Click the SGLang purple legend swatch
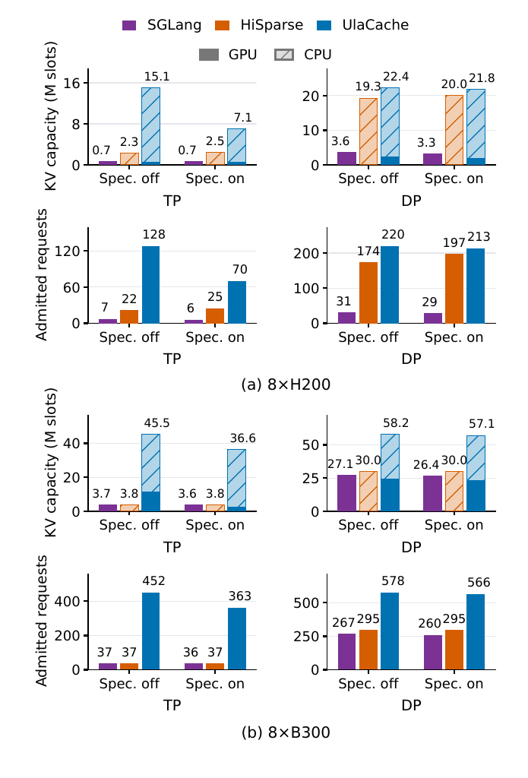click(x=129, y=25)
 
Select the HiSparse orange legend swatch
click(x=223, y=25)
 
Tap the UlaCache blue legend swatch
click(x=324, y=25)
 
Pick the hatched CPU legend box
click(x=284, y=55)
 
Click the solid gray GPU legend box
click(x=209, y=55)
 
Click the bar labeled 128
click(x=151, y=285)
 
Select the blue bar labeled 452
click(x=151, y=631)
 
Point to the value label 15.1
click(x=157, y=77)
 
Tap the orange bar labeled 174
click(x=368, y=293)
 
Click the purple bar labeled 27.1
click(x=347, y=493)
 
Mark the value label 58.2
click(x=396, y=422)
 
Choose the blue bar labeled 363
click(x=237, y=639)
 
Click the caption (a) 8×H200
click(x=286, y=384)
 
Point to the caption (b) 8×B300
click(x=286, y=732)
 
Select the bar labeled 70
click(x=237, y=302)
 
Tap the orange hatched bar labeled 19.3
click(x=368, y=131)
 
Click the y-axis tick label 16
click(x=72, y=83)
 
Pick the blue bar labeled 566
click(x=476, y=632)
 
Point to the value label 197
click(x=454, y=242)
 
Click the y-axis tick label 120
click(x=67, y=251)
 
